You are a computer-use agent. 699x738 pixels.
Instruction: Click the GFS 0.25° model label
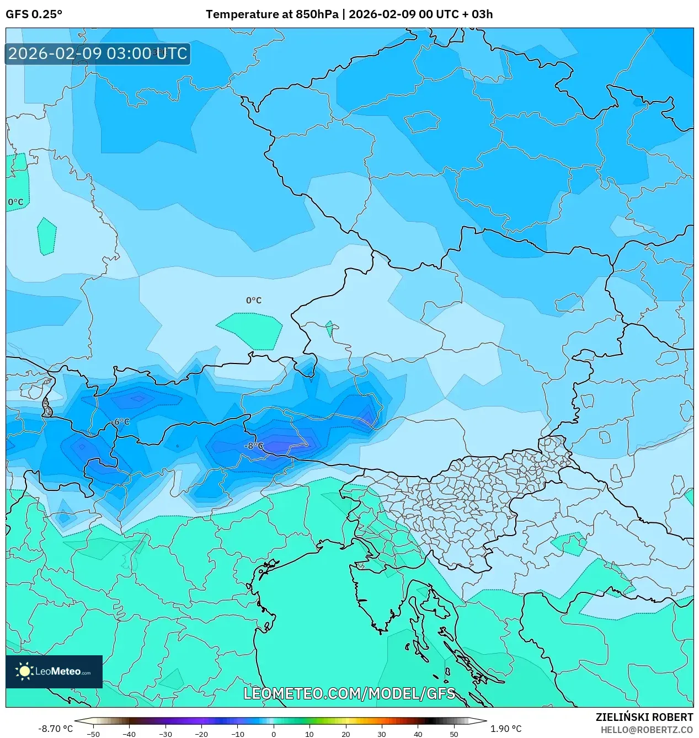[34, 14]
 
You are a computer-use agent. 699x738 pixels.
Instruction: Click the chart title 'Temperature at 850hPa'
[272, 14]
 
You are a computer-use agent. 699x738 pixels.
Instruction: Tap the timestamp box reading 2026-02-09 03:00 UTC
[98, 54]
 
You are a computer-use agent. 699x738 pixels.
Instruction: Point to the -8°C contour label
[254, 446]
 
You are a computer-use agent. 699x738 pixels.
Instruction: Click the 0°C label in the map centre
[254, 301]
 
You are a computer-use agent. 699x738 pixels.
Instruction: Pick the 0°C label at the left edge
[16, 202]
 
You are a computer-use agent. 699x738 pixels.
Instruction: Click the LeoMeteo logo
[54, 671]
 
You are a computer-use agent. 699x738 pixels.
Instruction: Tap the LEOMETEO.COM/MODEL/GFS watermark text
[349, 693]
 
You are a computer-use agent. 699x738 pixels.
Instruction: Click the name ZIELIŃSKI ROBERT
[644, 717]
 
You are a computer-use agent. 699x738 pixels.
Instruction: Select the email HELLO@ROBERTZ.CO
[647, 730]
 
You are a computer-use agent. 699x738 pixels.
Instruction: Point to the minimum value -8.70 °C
[55, 729]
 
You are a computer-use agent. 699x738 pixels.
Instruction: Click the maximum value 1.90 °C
[506, 729]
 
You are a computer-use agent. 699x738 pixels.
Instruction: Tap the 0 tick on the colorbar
[274, 734]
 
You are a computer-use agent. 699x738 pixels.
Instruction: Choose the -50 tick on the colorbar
[93, 734]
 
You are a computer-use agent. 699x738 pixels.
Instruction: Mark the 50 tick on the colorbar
[454, 734]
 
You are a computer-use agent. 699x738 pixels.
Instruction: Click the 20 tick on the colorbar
[346, 734]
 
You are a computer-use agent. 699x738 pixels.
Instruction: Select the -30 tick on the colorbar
[166, 734]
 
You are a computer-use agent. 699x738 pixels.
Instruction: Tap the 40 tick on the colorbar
[418, 734]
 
